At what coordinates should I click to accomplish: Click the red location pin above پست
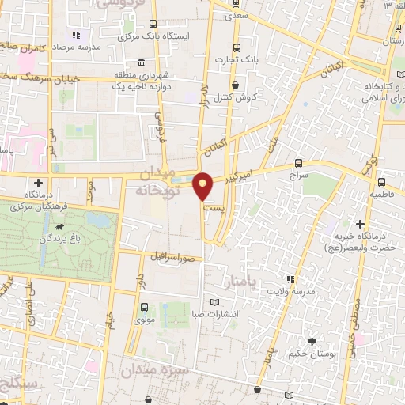(x=204, y=186)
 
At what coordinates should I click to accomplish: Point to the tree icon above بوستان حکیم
(x=313, y=342)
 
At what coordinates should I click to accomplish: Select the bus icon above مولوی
(x=143, y=307)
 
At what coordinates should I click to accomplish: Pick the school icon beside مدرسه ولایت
(x=290, y=278)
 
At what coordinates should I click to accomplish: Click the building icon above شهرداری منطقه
(x=141, y=63)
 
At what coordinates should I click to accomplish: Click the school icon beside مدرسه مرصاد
(x=77, y=35)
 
